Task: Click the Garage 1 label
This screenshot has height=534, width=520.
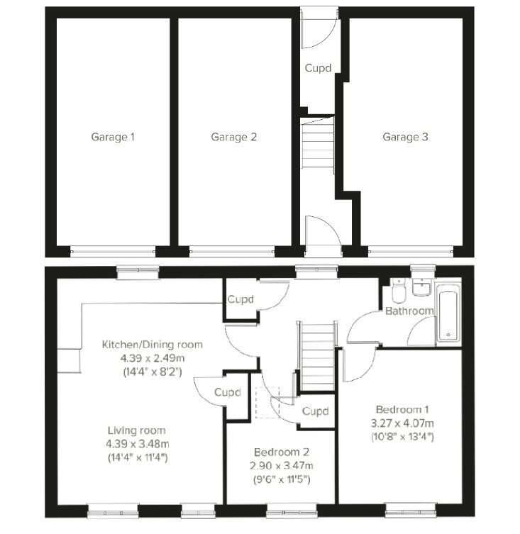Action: coord(112,137)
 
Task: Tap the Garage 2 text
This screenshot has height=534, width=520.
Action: coord(233,137)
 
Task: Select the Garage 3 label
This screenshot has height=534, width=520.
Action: coord(405,137)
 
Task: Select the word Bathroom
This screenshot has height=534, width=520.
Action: coord(409,311)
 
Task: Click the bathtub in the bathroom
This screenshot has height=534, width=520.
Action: coord(448,313)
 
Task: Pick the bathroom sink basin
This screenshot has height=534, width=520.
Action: coord(423,289)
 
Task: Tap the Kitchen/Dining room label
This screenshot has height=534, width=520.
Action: coord(153,344)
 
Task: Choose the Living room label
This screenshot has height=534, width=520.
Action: coord(136,430)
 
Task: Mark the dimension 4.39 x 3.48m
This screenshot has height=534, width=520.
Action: coord(136,443)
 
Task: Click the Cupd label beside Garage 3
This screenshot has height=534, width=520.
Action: coord(317,69)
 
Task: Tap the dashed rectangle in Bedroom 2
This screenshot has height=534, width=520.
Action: coord(268,403)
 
